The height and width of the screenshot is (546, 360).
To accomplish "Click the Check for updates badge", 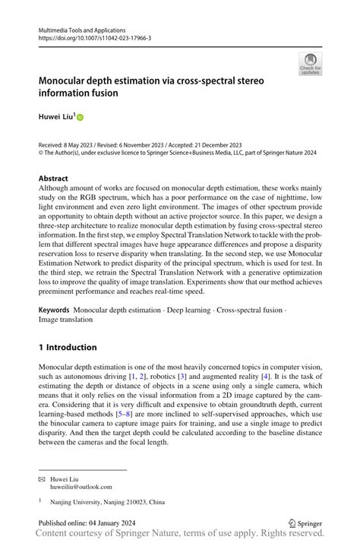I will [x=310, y=64].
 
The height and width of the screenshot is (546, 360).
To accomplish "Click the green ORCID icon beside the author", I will [x=80, y=118].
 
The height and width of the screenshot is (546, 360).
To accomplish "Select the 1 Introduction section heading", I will [x=68, y=347].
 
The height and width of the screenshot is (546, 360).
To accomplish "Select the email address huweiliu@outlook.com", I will [x=81, y=488].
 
